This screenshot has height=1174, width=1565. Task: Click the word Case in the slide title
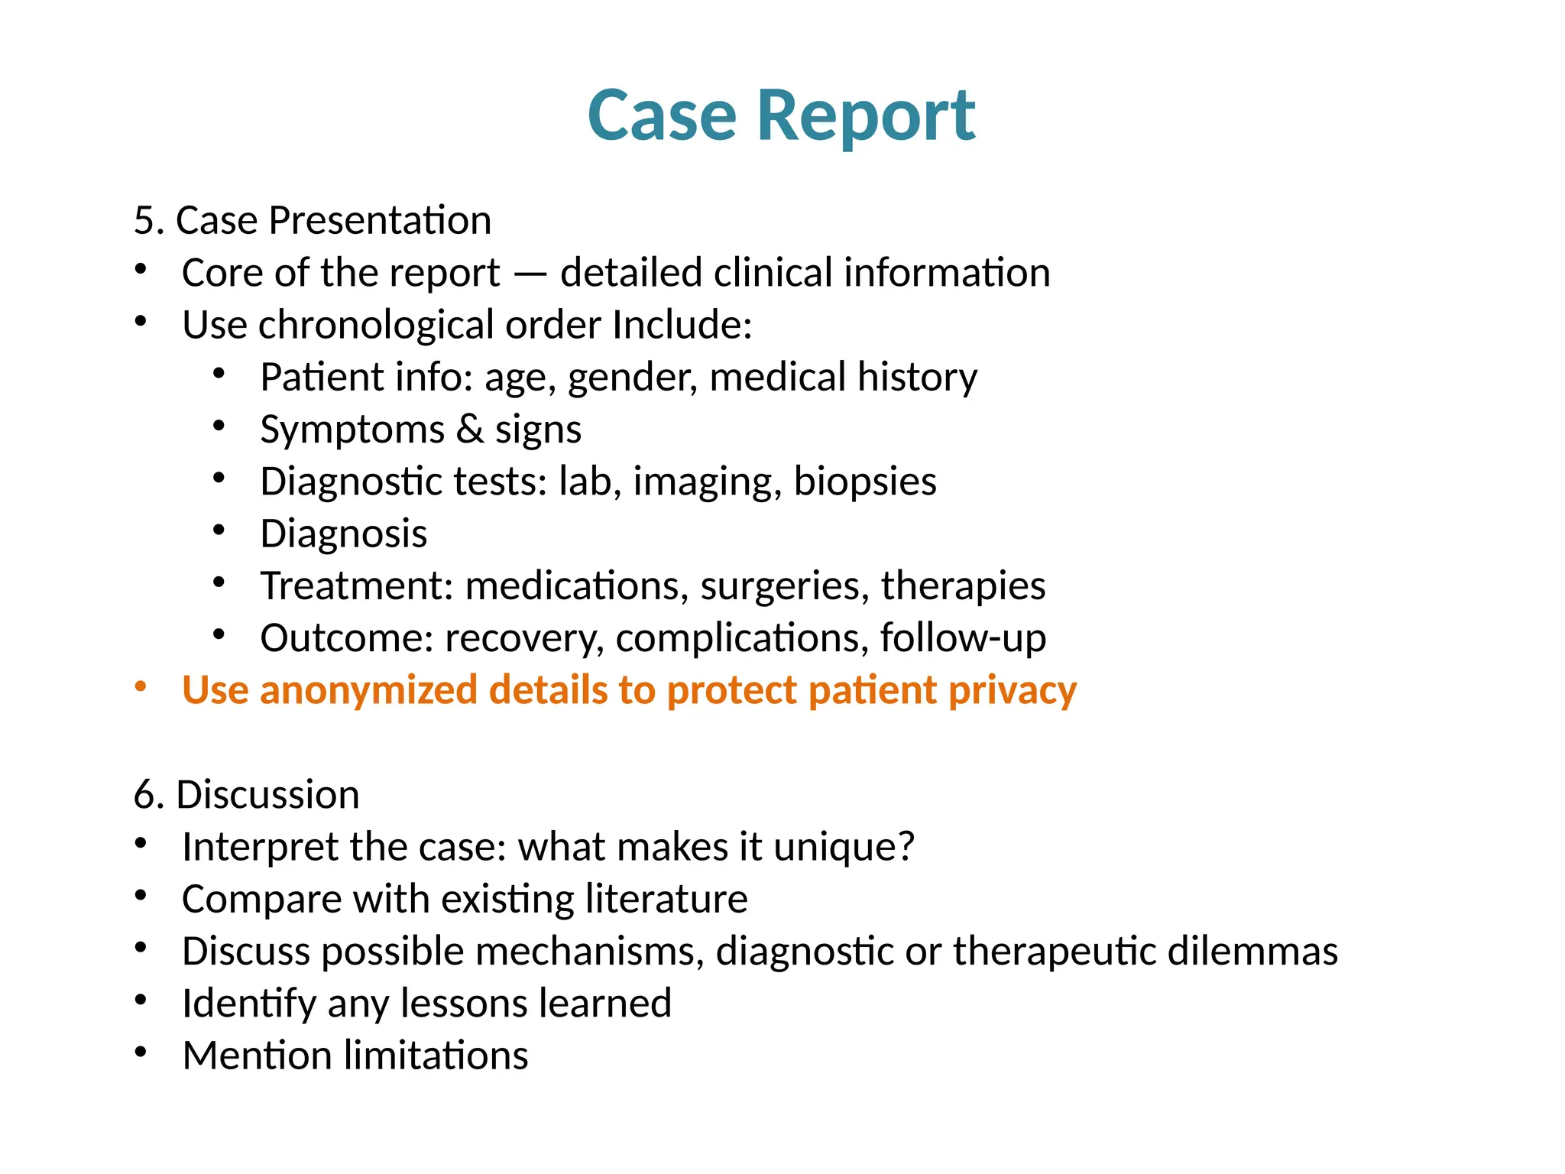[662, 116]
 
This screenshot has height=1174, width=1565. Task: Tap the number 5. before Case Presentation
[150, 221]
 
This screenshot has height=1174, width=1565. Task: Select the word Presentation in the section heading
[380, 221]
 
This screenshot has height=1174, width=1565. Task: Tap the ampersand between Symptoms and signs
[469, 429]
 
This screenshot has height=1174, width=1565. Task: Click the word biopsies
[864, 482]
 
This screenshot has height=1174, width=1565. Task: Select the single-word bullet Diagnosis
[343, 533]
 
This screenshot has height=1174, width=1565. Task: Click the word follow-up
[963, 638]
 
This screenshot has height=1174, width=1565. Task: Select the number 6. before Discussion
[150, 795]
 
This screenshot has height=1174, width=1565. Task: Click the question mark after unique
[906, 847]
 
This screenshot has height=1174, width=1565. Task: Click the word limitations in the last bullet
[436, 1056]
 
